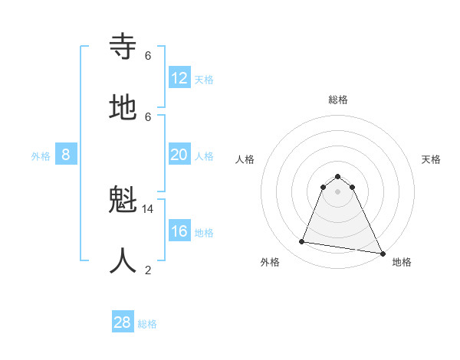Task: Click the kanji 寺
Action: (123, 47)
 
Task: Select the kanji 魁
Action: (123, 201)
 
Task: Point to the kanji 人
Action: (123, 261)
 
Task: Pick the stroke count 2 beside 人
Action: (148, 270)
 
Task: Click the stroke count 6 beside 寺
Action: (148, 55)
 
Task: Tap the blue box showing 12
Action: (179, 78)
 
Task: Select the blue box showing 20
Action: (179, 155)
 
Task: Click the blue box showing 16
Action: (179, 231)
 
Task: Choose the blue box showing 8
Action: (66, 155)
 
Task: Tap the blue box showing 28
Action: (123, 322)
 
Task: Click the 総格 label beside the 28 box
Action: (147, 324)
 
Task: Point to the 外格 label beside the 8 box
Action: (41, 156)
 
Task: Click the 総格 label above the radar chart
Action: (338, 100)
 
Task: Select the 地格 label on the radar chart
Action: (402, 262)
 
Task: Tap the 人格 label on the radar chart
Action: (245, 159)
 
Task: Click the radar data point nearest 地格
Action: (381, 252)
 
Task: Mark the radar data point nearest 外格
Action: (302, 242)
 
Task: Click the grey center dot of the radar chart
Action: (338, 191)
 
